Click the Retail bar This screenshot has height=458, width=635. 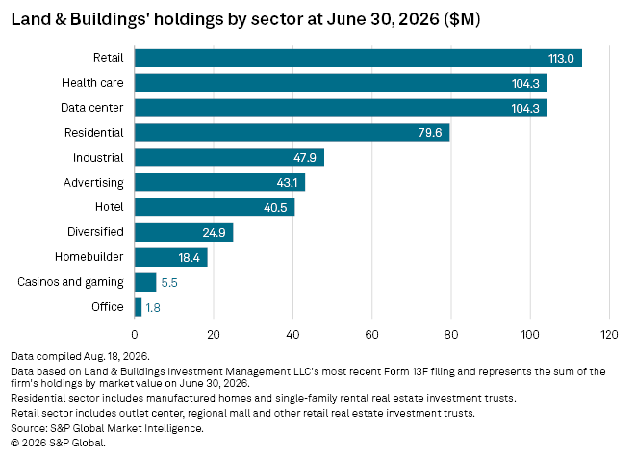(x=358, y=58)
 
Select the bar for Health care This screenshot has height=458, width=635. (x=341, y=83)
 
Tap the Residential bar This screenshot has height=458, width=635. (x=292, y=133)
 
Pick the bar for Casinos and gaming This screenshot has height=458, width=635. (x=145, y=282)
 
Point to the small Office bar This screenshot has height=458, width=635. (x=139, y=307)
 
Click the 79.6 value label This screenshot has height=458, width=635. (x=430, y=133)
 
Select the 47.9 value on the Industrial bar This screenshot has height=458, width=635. (x=305, y=158)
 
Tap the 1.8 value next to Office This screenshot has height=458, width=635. (x=153, y=308)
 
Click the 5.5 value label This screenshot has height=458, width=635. (x=169, y=283)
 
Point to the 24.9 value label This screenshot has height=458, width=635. (x=214, y=233)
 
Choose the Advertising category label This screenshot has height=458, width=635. (x=93, y=183)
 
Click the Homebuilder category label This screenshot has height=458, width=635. (x=89, y=257)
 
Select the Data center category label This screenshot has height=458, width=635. (x=92, y=108)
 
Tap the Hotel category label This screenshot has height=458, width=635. (x=110, y=207)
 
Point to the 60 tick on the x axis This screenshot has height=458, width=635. (x=371, y=335)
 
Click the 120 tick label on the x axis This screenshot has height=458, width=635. (x=609, y=335)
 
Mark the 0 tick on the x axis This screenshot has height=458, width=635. (x=135, y=335)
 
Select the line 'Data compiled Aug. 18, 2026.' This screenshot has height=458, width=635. (x=80, y=356)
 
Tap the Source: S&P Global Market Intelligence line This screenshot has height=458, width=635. (x=108, y=428)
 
